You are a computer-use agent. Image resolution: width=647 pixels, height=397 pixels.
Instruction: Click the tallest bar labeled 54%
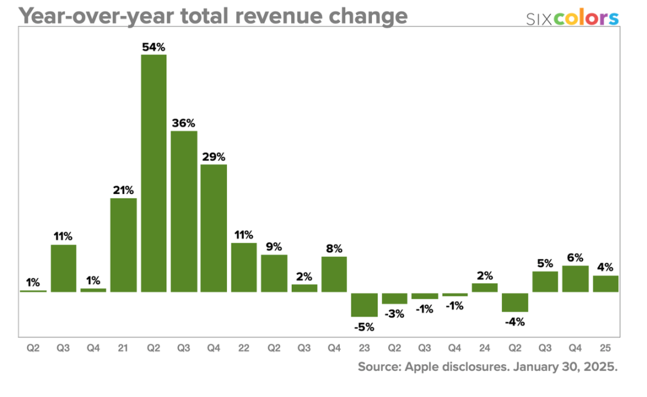[154, 173]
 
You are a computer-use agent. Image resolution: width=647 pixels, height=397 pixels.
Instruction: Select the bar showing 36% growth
[184, 211]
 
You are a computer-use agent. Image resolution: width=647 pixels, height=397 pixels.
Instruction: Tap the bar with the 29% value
[214, 228]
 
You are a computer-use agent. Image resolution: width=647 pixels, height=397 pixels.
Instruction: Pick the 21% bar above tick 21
[123, 245]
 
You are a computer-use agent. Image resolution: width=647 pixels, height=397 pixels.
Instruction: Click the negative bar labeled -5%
[364, 305]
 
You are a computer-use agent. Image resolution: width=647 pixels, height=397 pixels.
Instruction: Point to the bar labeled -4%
[515, 302]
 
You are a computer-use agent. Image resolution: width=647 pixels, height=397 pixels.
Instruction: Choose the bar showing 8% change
[334, 274]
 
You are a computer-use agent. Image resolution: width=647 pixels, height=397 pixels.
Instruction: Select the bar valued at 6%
[575, 278]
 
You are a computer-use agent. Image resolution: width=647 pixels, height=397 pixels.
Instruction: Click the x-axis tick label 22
[244, 348]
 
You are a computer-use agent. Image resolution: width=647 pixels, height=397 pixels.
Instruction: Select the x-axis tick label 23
[364, 348]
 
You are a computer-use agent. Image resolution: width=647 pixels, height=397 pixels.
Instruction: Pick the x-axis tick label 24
[485, 348]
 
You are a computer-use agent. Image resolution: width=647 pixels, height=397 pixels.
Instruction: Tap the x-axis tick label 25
[606, 348]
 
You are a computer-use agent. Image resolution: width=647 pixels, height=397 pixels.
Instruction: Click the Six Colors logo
[572, 19]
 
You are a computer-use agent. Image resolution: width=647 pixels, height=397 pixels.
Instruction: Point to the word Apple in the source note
[428, 366]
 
